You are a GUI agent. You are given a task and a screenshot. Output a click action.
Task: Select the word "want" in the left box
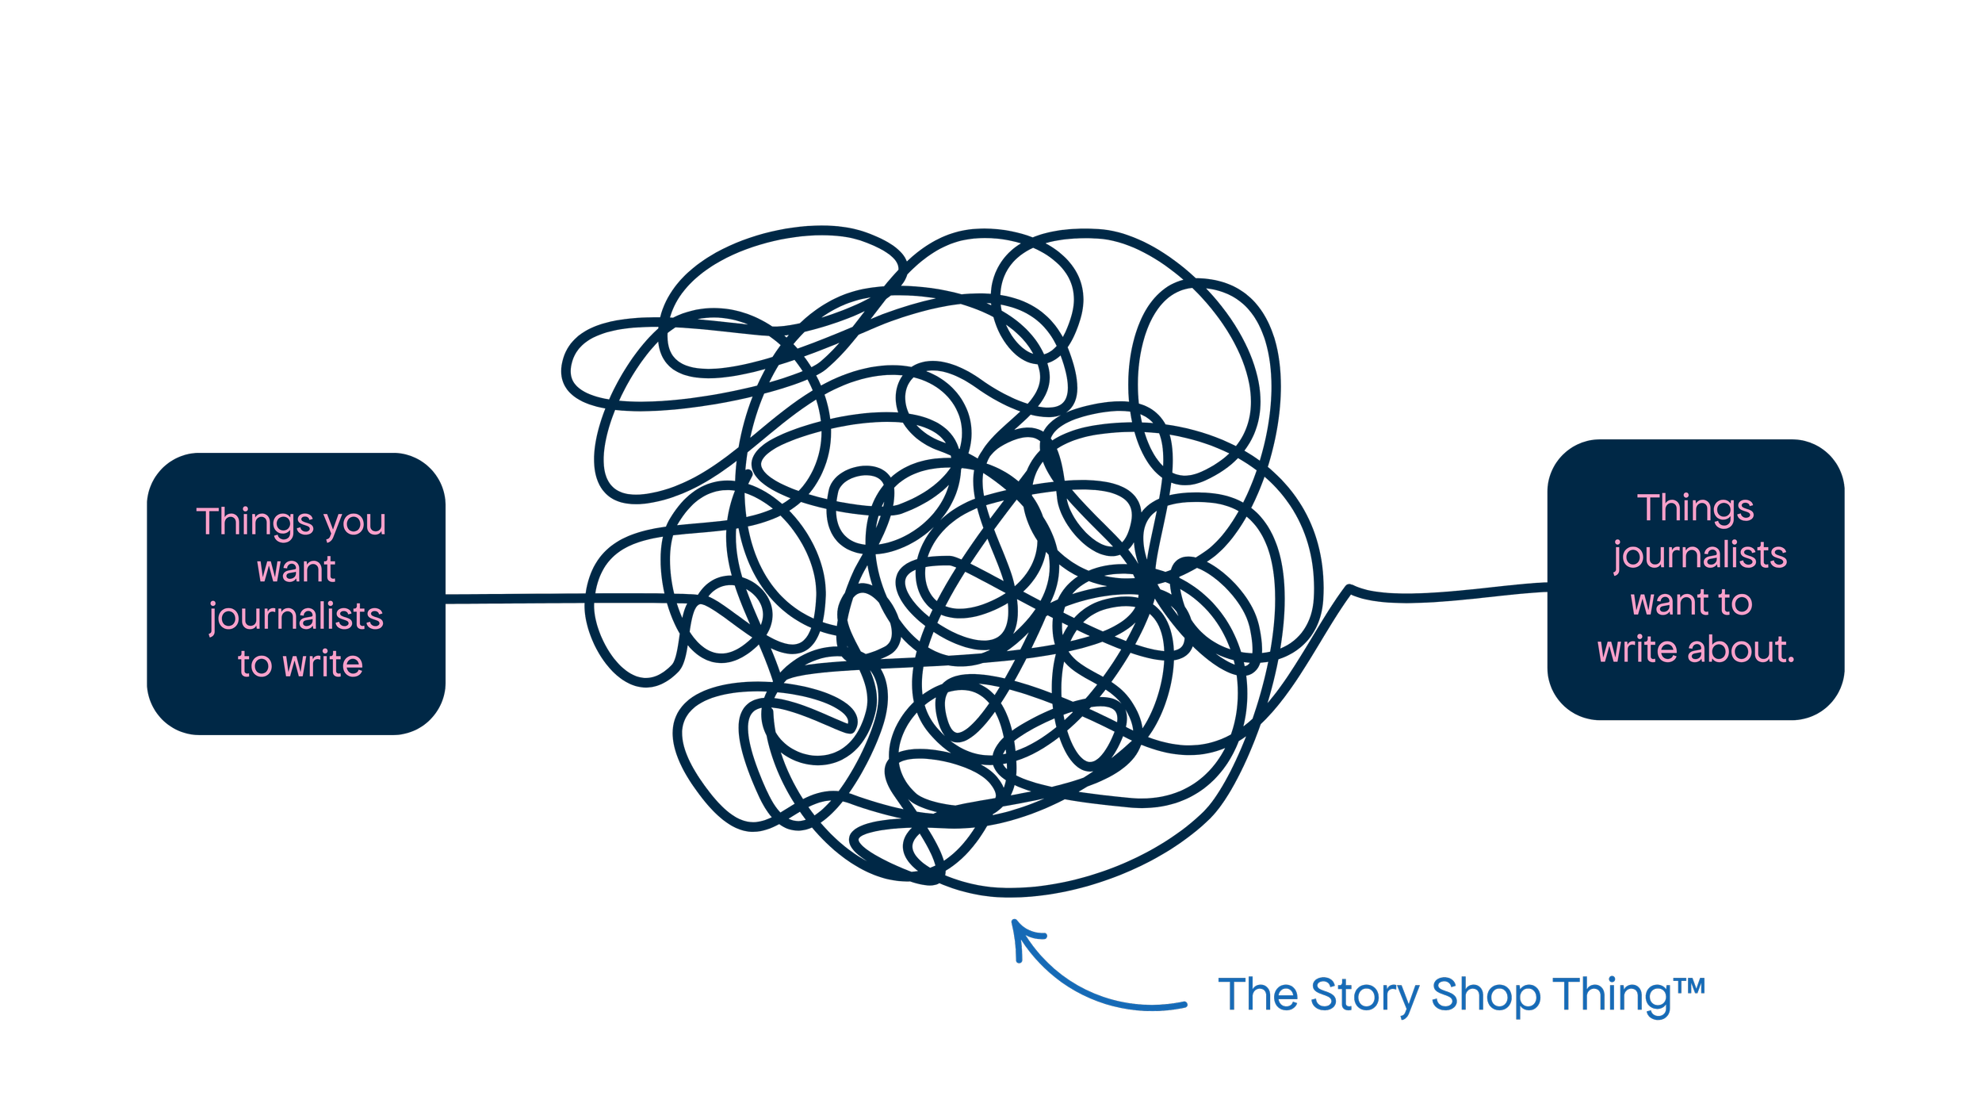[x=296, y=569]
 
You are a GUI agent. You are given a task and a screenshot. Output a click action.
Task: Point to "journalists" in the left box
[x=296, y=617]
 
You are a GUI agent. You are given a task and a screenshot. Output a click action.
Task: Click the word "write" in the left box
[x=323, y=664]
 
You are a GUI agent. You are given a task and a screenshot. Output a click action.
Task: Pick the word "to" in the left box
[x=254, y=664]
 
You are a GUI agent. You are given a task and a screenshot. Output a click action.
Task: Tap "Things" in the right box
[x=1695, y=508]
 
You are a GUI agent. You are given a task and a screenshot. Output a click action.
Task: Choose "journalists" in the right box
[x=1700, y=556]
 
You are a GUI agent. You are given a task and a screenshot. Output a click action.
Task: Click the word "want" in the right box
[x=1661, y=603]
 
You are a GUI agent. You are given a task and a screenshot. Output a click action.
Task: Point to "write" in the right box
[x=1638, y=649]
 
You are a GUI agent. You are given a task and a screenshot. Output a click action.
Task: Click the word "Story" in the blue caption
[x=1364, y=995]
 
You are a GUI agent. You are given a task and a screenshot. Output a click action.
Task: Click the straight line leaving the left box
[x=515, y=598]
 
